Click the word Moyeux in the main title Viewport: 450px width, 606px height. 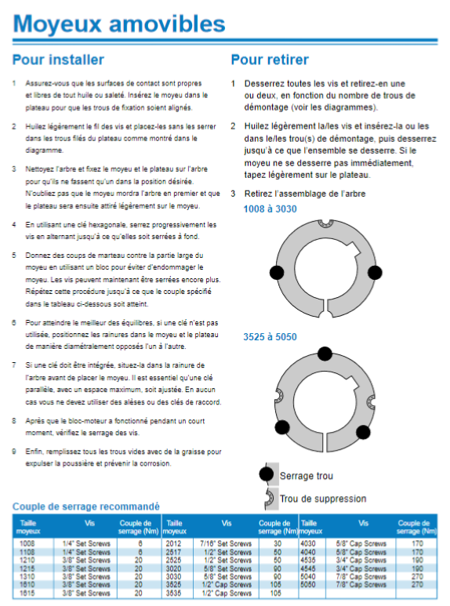click(57, 24)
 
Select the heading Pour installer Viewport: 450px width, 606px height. click(58, 60)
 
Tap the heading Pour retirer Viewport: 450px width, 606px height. click(270, 60)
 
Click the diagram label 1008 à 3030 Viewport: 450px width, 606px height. click(270, 209)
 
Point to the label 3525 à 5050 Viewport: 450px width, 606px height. click(270, 337)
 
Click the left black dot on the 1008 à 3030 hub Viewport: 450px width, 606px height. click(277, 273)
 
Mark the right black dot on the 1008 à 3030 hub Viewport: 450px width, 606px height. click(375, 273)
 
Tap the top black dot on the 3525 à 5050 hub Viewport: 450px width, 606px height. click(325, 354)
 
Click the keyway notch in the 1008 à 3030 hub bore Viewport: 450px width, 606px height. click(354, 249)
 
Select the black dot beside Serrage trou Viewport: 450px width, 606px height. click(267, 474)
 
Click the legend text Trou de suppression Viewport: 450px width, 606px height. click(323, 499)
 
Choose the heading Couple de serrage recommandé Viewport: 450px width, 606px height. click(85, 506)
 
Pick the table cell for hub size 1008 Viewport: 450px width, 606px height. click(27, 543)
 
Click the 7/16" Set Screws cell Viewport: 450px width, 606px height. click(226, 543)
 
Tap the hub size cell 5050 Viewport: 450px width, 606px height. click(308, 584)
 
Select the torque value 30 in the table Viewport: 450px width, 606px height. click(278, 543)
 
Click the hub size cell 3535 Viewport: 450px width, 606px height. click(173, 593)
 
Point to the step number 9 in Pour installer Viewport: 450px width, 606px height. click(14, 452)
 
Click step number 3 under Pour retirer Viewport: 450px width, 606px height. click(233, 194)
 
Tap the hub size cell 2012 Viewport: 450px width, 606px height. click(173, 543)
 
